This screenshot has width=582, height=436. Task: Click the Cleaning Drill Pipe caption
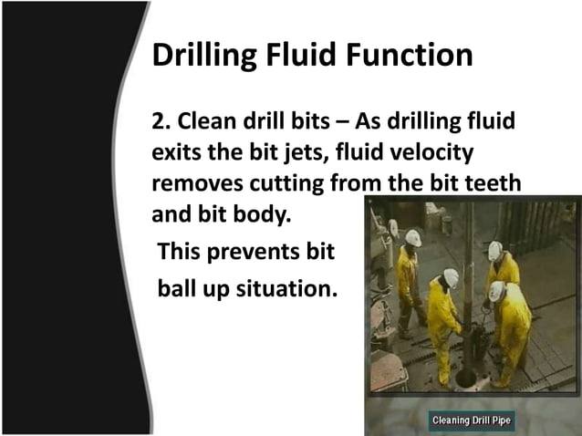pos(471,420)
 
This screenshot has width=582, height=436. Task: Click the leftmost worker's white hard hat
pos(413,238)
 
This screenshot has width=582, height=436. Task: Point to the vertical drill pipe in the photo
pos(468,274)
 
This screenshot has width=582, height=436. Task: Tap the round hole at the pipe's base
pos(466,377)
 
